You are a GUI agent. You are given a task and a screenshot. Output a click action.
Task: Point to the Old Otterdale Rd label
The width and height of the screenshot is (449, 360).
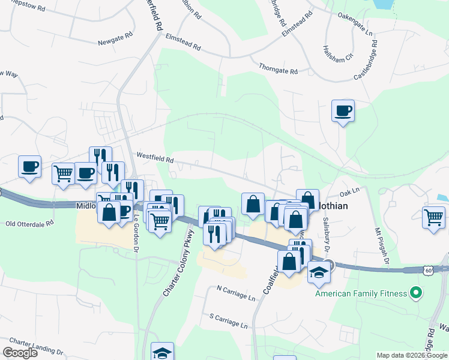click(29, 223)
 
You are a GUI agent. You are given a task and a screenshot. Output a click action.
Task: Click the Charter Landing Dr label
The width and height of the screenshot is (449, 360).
click(36, 340)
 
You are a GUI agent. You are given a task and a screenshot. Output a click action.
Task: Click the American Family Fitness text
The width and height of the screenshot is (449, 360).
click(361, 293)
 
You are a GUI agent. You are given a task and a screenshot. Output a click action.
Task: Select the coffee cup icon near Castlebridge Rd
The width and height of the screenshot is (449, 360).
click(343, 112)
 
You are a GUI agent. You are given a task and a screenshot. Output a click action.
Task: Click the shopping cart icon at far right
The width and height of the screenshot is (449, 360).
click(433, 217)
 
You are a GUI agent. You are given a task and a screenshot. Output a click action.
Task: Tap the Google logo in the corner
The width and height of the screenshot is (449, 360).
click(20, 353)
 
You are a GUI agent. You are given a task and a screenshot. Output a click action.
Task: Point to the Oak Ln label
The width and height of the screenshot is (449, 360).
click(349, 192)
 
